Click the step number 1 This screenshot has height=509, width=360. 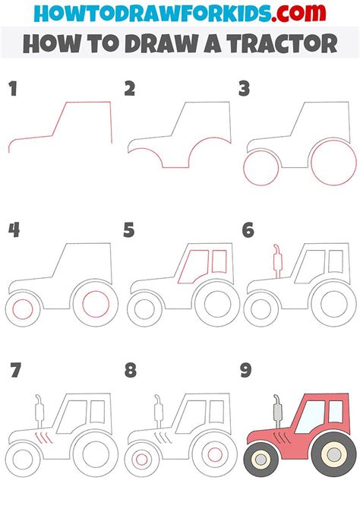click(x=12, y=90)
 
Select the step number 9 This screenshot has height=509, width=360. click(x=245, y=372)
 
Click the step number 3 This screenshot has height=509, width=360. click(x=245, y=90)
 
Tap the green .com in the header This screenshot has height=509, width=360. click(x=302, y=13)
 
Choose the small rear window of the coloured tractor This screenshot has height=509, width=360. click(x=334, y=413)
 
